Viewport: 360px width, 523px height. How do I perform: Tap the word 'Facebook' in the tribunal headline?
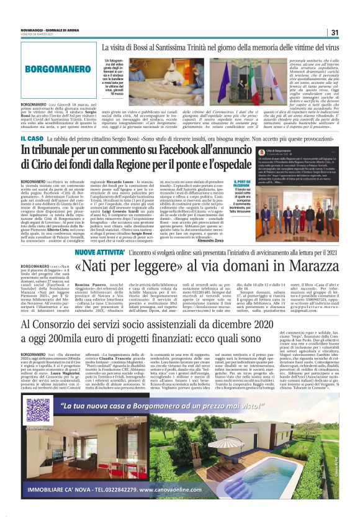(x=210, y=150)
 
